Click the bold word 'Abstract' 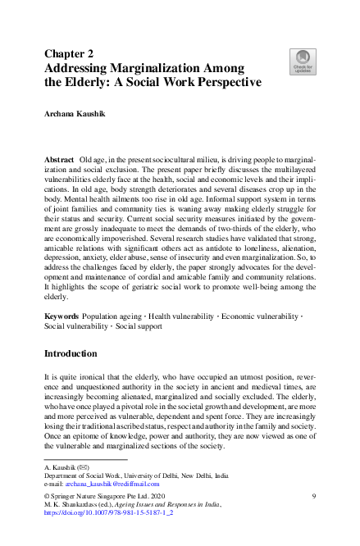coord(60,157)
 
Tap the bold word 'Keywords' coord(62,315)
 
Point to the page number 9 coord(314,496)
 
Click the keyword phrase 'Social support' coord(139,325)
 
